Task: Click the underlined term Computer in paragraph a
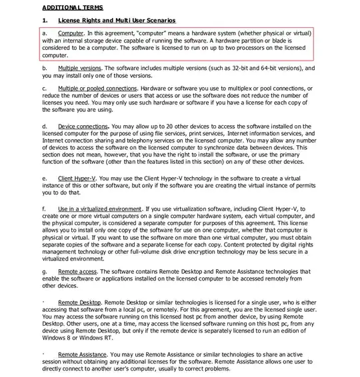click(71, 33)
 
